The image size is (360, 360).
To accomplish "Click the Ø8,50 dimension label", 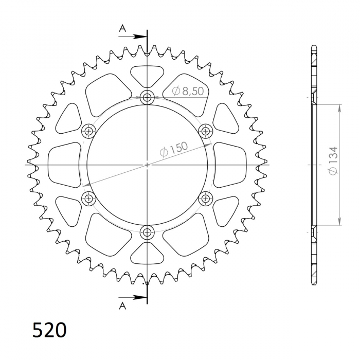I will (188, 91).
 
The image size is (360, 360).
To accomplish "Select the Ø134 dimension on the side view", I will (333, 161).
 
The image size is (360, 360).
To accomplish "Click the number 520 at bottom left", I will (49, 330).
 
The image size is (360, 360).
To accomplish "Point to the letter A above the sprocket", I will (122, 29).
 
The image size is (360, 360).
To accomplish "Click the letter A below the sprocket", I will (122, 307).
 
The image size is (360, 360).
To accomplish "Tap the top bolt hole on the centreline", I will (148, 97).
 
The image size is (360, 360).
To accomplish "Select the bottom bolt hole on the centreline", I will (148, 232).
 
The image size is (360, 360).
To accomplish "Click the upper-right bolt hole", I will (206, 131).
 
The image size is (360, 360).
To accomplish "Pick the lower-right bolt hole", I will (206, 198).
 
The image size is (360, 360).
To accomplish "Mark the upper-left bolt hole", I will (89, 131).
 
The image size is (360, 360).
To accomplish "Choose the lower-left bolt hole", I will (89, 198).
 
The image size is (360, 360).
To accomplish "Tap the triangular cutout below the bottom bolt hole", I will (147, 254).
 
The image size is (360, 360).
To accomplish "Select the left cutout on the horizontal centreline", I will (64, 165).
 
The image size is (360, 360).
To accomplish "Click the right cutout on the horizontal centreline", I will (230, 165).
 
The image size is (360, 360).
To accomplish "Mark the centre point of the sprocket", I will (148, 165).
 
